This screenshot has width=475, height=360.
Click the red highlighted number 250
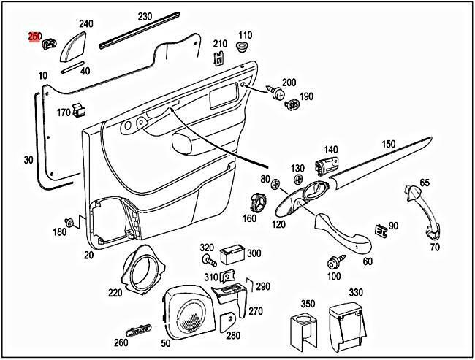[34, 36]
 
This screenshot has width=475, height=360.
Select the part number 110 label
[244, 35]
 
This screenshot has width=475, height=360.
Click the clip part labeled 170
[80, 110]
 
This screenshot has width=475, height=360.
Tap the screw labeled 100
[338, 261]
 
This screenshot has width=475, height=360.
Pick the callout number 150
[387, 144]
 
